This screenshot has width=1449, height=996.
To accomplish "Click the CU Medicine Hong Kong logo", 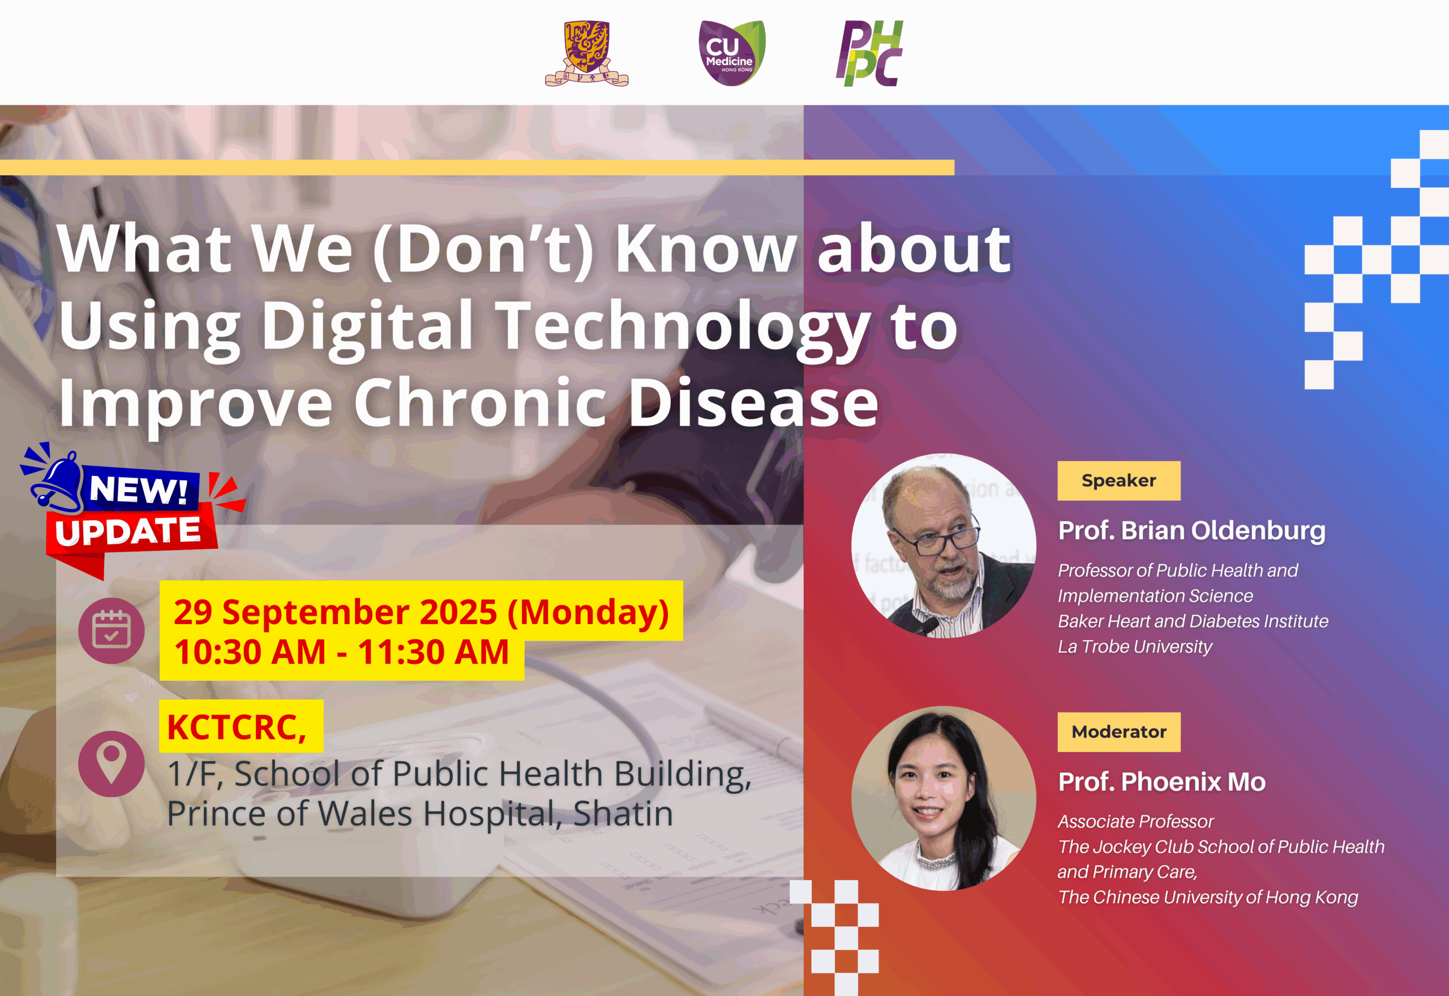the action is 732,53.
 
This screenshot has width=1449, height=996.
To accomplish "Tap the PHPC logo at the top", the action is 869,53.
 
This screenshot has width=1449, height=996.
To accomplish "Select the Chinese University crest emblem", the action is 586,54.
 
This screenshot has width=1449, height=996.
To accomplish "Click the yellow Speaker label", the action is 1119,480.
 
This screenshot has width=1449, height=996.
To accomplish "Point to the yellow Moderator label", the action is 1119,732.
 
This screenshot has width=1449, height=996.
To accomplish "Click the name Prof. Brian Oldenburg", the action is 1192,530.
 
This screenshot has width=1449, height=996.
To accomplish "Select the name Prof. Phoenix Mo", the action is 1162,782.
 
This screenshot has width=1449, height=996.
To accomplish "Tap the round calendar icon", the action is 111,630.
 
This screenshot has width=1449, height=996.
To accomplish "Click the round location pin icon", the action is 111,763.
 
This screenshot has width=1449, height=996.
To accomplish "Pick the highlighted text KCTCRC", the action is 237,727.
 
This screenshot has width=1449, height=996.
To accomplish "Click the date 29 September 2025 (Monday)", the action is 421,612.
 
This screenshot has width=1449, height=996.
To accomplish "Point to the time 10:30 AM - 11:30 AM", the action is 341,652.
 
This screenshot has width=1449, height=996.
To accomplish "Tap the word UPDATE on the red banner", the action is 128,531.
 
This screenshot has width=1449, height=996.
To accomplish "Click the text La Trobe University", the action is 1135,646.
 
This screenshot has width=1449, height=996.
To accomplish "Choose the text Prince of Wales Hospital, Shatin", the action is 420,814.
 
